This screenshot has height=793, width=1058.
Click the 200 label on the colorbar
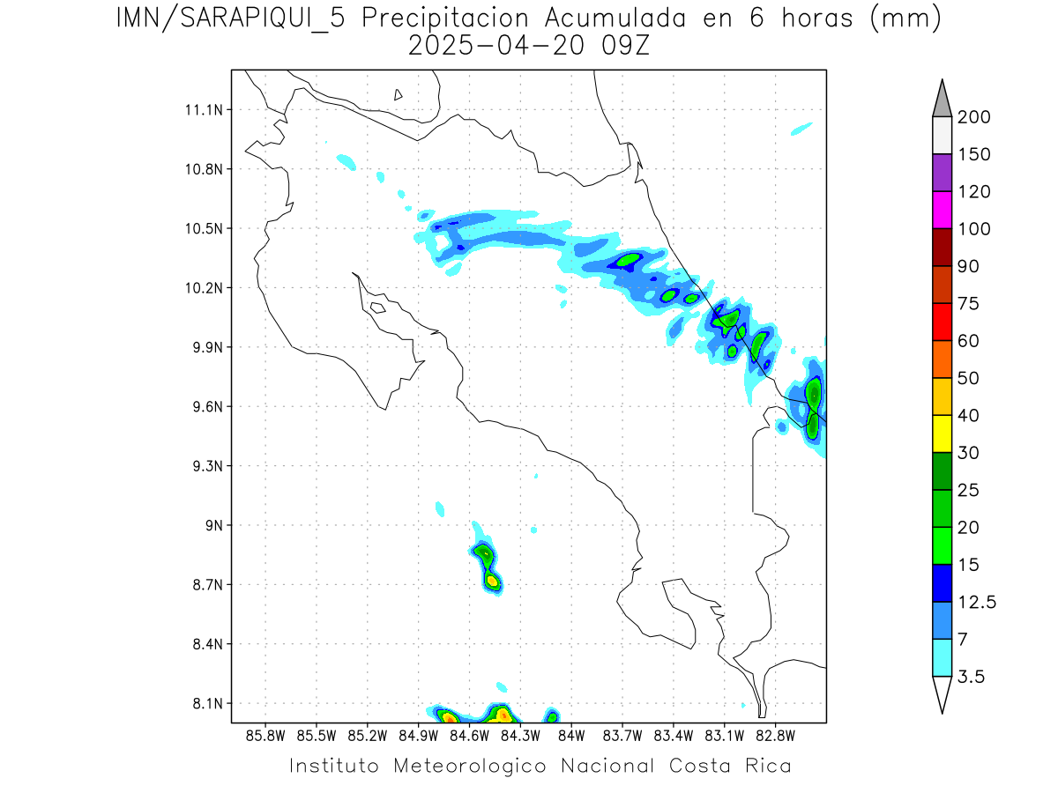(973, 117)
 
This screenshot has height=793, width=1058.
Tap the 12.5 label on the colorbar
(977, 602)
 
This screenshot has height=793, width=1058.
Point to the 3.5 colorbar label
(971, 677)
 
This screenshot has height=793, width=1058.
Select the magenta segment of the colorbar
(942, 210)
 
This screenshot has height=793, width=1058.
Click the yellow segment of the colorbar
(942, 434)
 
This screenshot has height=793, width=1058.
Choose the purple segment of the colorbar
(942, 173)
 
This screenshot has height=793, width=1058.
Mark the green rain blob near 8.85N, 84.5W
(483, 553)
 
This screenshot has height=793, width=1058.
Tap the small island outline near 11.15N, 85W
(399, 94)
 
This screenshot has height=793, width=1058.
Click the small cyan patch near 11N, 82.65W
(801, 129)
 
